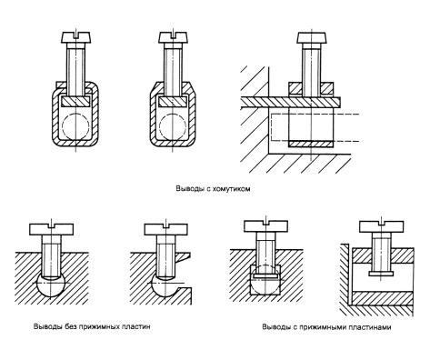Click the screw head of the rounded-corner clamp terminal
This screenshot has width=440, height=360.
point(76,36)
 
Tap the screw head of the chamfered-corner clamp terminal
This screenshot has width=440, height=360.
point(173,36)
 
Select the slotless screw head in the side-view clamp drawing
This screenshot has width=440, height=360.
point(312,36)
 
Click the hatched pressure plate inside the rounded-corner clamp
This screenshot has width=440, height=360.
point(76,101)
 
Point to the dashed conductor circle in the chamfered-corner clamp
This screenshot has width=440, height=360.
point(173,126)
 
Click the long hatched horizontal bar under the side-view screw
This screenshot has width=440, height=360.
point(291,102)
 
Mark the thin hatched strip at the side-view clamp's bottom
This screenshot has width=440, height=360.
point(311,144)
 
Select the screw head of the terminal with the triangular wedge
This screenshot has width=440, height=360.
point(166,229)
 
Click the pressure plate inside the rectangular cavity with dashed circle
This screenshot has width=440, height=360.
point(265,276)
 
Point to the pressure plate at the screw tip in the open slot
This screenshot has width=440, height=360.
point(382,274)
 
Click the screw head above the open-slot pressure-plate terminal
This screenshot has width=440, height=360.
point(382,226)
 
